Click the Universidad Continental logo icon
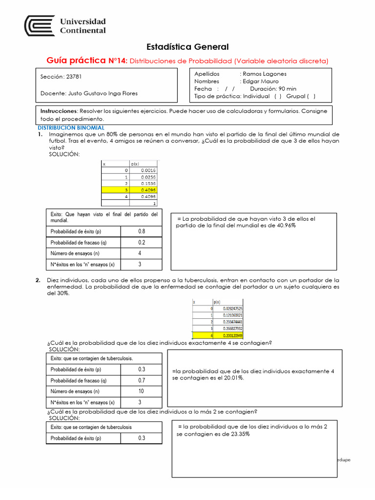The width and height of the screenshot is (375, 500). point(40,25)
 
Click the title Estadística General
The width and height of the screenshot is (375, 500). point(187,47)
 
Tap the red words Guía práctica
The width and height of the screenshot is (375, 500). point(76,61)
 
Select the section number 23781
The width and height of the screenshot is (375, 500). point(74,77)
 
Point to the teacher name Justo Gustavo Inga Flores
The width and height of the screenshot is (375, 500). point(102,93)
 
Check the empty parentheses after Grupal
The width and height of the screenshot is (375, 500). point(311,96)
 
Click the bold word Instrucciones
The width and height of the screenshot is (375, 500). point(59,111)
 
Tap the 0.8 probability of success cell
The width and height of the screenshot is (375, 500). point(141,231)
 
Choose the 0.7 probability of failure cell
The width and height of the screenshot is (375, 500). point(141,380)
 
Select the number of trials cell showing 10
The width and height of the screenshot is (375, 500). point(141,391)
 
